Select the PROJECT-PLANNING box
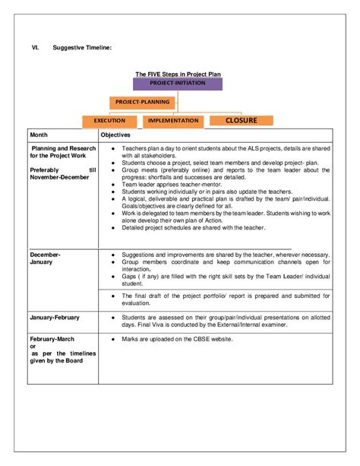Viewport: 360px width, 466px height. click(x=142, y=101)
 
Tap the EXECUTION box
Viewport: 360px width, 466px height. click(x=109, y=120)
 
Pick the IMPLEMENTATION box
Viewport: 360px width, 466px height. click(x=174, y=120)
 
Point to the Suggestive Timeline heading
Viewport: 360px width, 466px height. click(x=82, y=47)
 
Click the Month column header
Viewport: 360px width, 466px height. click(x=39, y=135)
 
